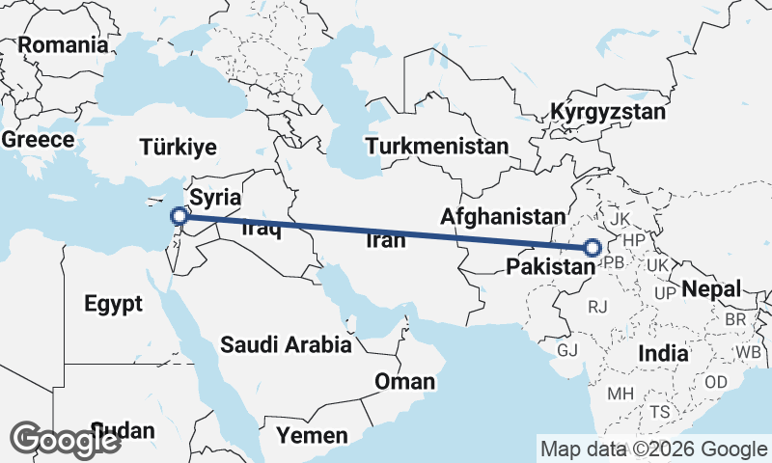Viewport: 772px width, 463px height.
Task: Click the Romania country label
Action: point(63,44)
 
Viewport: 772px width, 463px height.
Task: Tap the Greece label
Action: point(38,139)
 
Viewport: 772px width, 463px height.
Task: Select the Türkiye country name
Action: point(178,148)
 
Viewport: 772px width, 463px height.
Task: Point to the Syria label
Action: point(213,198)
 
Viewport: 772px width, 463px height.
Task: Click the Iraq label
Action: point(261,230)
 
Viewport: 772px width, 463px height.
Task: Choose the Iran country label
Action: point(386,241)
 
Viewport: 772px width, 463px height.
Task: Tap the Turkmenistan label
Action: point(437,147)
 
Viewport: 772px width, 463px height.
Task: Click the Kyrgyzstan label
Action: point(608,112)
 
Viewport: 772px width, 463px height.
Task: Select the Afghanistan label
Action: point(501,216)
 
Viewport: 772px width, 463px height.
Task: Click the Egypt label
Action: point(113,304)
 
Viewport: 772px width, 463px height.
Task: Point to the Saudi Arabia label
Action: point(286,344)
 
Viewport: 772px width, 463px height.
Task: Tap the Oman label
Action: point(405,382)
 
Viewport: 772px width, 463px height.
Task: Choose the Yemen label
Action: point(312,436)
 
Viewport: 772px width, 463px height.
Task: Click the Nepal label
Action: point(711,288)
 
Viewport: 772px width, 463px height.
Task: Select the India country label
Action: point(663,354)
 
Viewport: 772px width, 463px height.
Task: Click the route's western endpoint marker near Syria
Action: point(178,216)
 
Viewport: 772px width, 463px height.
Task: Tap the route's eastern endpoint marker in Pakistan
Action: point(593,248)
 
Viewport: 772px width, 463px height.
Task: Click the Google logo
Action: point(66,440)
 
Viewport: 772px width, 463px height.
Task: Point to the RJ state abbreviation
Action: point(598,307)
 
